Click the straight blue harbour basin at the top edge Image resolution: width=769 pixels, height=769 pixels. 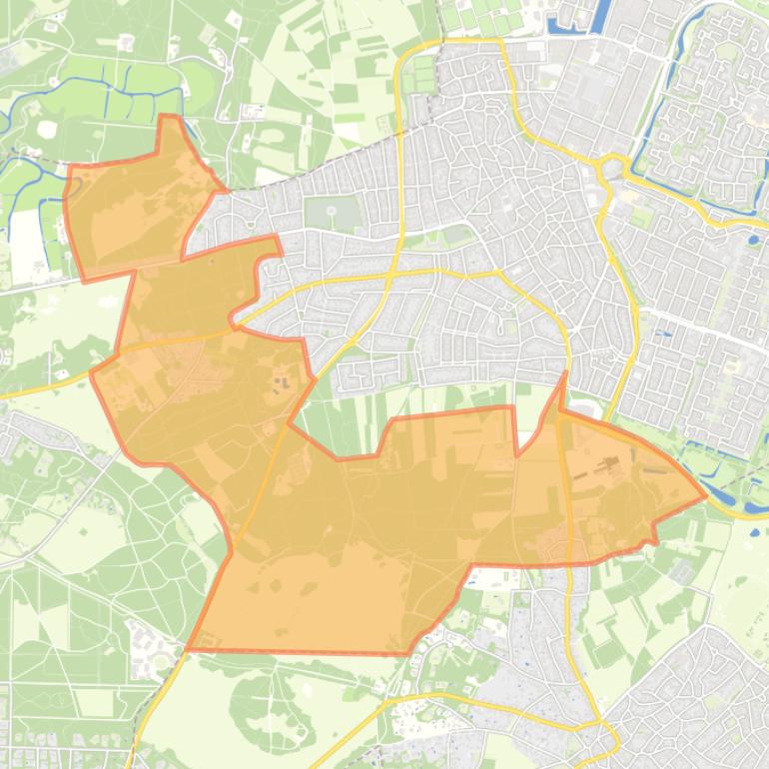(x=602, y=15)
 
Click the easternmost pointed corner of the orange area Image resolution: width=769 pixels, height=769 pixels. (x=705, y=493)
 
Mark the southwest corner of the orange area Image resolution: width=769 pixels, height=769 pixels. (x=188, y=649)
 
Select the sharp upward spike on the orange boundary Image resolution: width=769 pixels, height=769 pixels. (x=564, y=375)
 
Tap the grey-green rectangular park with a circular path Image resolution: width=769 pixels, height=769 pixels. (x=332, y=213)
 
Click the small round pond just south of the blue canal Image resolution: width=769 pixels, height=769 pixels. (x=753, y=239)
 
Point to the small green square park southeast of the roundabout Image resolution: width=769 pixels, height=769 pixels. (x=640, y=216)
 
